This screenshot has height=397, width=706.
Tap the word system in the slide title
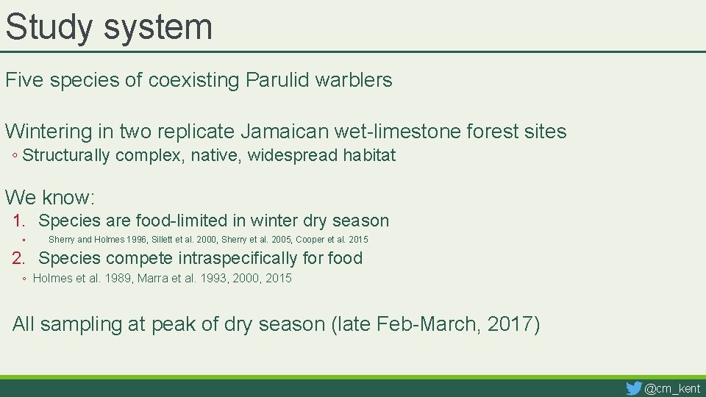[158, 27]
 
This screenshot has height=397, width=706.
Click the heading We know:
[50, 198]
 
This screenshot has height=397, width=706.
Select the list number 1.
[20, 221]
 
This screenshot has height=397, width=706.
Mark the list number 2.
[20, 258]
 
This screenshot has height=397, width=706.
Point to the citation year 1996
[136, 240]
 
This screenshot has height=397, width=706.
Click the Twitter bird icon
[633, 388]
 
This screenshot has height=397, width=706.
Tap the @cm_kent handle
[672, 389]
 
